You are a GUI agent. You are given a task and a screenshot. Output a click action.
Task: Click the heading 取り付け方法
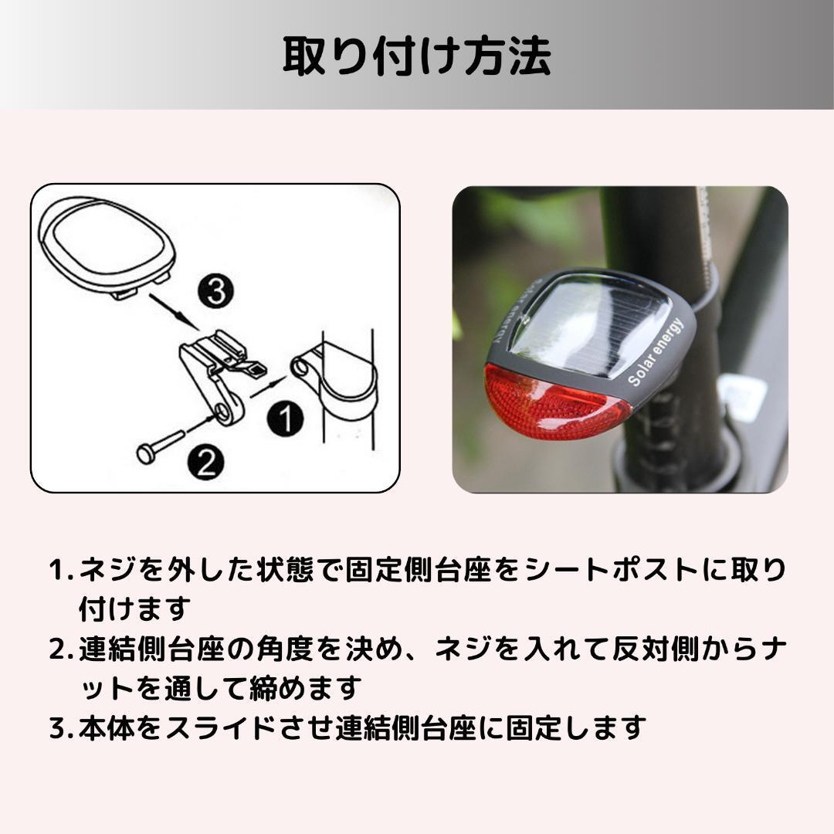416,56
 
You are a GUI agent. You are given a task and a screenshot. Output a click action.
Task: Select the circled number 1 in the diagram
285,419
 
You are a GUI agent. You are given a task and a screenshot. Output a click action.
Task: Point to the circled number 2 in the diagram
206,462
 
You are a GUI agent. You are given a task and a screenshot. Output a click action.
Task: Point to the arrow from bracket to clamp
269,387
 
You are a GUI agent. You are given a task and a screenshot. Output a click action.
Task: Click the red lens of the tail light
556,402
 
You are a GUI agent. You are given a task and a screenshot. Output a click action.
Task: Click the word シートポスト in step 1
611,570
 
